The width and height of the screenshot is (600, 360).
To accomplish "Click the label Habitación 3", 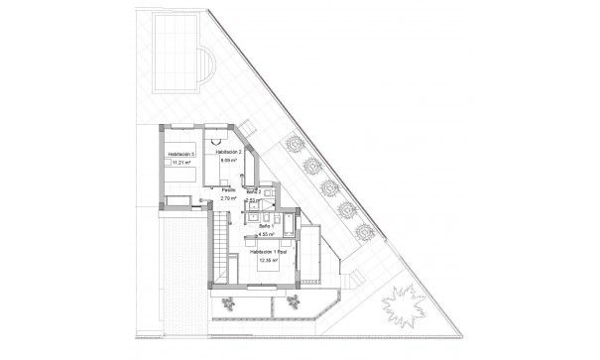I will coord(180,156).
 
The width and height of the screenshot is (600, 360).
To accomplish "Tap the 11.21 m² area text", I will coord(180,165).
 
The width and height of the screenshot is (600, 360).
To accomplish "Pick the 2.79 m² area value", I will coord(228,198).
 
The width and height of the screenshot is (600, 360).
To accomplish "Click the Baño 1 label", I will coord(266,226).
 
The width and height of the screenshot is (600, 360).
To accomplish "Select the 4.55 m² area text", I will coord(266,235).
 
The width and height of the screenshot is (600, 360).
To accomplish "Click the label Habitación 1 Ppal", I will coord(268,255).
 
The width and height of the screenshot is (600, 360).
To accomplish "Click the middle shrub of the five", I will coord(329,184).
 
